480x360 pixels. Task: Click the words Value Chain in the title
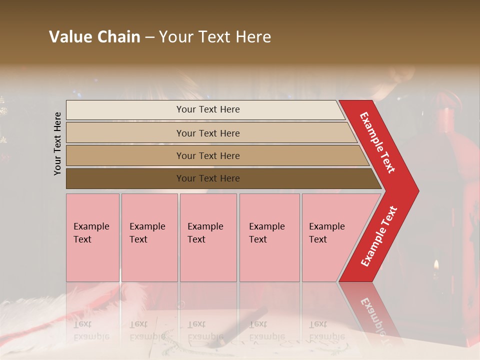94,37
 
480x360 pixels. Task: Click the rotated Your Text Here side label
57,143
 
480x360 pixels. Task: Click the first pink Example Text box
92,237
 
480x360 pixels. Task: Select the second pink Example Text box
149,237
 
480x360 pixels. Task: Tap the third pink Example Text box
208,237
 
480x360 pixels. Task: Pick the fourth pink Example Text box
269,237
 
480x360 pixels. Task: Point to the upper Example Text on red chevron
377,142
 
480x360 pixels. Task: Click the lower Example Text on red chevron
379,236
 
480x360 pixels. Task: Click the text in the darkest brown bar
208,178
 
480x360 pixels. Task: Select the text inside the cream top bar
208,109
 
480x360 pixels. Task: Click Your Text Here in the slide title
215,37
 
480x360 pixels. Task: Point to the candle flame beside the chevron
436,263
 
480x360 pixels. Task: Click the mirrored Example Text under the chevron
372,315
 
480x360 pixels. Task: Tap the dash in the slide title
149,37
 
